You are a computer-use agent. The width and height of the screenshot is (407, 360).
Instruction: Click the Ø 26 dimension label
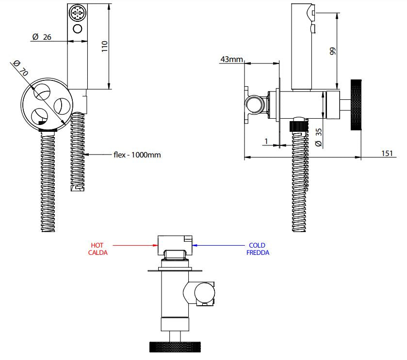coord(42,37)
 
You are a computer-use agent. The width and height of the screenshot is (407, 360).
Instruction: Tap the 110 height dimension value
coord(104,47)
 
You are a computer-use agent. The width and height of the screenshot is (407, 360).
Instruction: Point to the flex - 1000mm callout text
coord(137,155)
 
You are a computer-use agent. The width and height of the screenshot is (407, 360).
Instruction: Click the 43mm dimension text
coord(231,59)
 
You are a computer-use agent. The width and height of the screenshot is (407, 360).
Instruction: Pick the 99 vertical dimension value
coord(332,51)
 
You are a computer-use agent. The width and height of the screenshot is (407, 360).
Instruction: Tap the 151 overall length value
coord(387,154)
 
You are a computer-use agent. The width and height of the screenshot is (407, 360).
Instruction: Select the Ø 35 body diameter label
coord(319,138)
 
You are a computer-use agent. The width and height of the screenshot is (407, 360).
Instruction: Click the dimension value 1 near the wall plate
coord(266,141)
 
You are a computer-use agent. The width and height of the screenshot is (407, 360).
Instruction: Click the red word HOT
coord(97,245)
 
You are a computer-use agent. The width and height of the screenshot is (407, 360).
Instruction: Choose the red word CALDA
coord(98,252)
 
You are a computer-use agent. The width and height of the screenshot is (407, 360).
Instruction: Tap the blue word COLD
coord(257,245)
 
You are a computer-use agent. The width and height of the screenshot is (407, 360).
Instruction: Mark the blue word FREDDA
coord(258,252)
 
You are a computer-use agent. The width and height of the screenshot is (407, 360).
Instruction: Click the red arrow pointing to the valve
coord(135,246)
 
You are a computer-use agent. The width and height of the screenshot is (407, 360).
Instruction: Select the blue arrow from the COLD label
coord(218,245)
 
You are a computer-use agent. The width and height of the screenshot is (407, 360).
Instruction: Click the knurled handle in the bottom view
coord(175,347)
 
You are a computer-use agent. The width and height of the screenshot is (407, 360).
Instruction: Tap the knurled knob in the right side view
coord(356,105)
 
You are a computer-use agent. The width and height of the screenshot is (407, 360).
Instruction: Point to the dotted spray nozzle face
coord(77,12)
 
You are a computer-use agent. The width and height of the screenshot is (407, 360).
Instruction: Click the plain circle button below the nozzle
coord(77,29)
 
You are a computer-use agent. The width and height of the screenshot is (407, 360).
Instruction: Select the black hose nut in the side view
coord(299,125)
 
